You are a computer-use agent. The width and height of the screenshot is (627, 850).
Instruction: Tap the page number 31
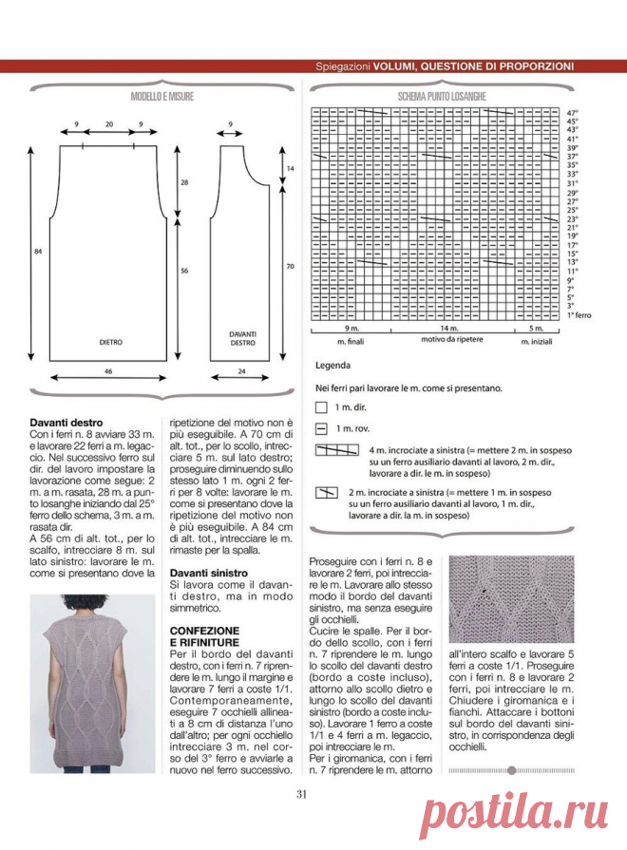[x=301, y=794]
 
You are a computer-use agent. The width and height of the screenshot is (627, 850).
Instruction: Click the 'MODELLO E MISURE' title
[x=162, y=97]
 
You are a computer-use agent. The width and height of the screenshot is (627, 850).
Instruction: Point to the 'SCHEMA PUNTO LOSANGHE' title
[x=443, y=97]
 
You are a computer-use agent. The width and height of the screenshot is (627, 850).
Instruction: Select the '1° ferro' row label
[x=581, y=314]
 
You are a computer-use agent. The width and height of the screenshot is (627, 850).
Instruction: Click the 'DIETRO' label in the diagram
[x=111, y=339]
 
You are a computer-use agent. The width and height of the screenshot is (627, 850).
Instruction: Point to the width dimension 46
[x=108, y=369]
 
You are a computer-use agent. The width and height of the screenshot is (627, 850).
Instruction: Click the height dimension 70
[x=292, y=268]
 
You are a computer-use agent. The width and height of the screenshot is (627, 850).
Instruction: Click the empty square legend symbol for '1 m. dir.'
[x=320, y=406]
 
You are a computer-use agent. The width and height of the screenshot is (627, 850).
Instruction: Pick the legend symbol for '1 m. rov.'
[x=320, y=428]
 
